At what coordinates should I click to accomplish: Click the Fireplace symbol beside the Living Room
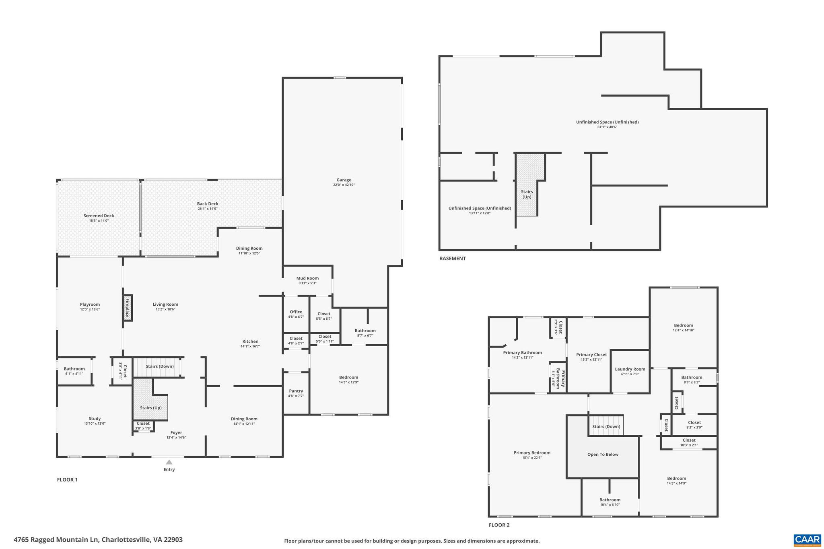[128, 308]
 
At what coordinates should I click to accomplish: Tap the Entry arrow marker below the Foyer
[169, 462]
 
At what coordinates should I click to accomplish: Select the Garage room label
[344, 180]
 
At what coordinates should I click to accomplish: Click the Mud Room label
[307, 278]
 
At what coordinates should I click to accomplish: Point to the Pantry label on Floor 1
[296, 391]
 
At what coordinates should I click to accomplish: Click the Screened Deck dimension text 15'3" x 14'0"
[99, 221]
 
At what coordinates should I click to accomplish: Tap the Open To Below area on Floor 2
[602, 454]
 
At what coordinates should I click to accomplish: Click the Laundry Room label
[630, 369]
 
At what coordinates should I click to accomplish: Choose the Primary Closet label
[591, 355]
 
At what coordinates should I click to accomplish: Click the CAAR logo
[807, 539]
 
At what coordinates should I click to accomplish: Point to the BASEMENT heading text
[452, 259]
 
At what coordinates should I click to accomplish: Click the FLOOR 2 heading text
[499, 525]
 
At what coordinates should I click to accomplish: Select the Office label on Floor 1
[296, 312]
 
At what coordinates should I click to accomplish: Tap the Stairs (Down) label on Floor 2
[606, 426]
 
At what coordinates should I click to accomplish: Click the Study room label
[95, 418]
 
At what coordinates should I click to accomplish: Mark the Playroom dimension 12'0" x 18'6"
[90, 309]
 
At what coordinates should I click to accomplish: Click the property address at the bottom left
[98, 540]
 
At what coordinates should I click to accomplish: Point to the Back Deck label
[208, 204]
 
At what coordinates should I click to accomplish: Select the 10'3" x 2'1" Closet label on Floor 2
[689, 440]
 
